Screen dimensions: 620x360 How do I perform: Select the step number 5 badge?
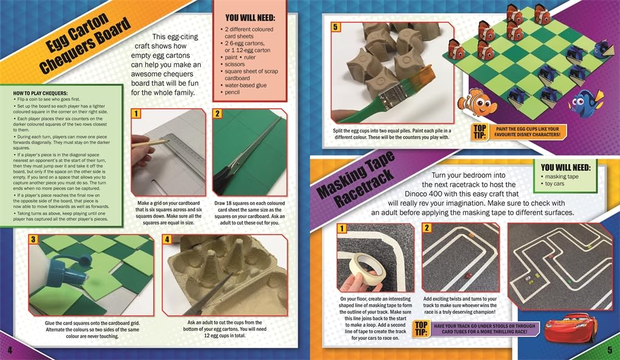[x=336, y=27]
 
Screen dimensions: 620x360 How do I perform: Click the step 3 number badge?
[x=33, y=239]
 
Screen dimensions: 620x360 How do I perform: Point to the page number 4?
[x=10, y=350]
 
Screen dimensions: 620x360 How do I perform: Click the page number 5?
[x=610, y=350]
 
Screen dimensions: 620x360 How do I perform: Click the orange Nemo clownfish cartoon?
[x=477, y=102]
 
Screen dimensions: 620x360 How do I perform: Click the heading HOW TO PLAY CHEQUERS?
[x=40, y=93]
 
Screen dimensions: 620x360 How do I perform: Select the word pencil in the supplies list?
[x=232, y=92]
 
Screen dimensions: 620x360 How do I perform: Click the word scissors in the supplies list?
[x=235, y=64]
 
